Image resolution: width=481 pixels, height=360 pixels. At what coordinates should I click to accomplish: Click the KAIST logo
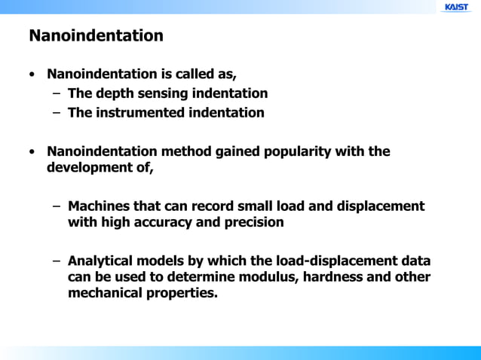click(456, 7)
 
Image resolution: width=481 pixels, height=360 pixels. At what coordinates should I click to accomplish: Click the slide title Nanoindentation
click(96, 35)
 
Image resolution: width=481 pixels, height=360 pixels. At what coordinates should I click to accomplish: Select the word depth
click(113, 93)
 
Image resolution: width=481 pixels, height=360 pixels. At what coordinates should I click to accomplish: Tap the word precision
click(254, 223)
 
